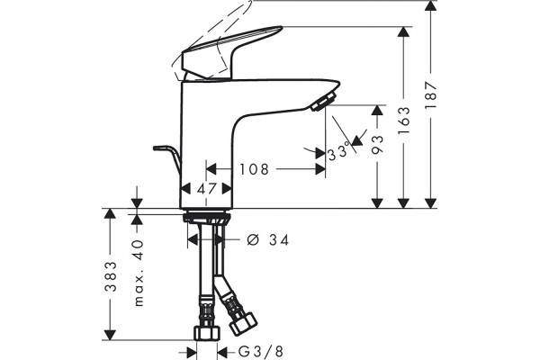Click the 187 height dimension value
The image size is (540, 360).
click(430, 95)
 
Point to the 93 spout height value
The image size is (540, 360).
click(377, 144)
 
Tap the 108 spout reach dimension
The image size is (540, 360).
click(254, 169)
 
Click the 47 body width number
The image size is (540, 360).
click(207, 188)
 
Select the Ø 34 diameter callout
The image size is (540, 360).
click(268, 239)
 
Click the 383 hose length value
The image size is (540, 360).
click(111, 276)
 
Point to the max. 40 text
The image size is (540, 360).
click(138, 273)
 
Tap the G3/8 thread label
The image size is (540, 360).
click(261, 352)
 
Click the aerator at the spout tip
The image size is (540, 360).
click(323, 101)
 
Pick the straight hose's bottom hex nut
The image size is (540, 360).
click(207, 333)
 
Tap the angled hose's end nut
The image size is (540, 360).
click(243, 324)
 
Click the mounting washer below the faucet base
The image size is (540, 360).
click(206, 218)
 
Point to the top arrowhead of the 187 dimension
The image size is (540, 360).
click(430, 6)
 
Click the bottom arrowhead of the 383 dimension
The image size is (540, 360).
click(110, 335)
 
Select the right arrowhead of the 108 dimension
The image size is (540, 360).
click(320, 169)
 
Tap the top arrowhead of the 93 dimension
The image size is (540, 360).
click(377, 110)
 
